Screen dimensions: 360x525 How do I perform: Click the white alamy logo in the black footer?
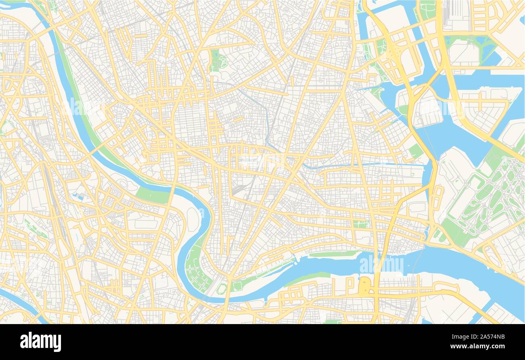pos(40,341)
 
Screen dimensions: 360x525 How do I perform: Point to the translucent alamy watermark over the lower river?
pos(381,265)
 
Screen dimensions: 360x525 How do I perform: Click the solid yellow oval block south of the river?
pos(364,286)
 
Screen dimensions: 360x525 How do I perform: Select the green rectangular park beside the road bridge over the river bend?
pos(153,195)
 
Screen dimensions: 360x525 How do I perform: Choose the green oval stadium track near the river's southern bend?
pos(221,288)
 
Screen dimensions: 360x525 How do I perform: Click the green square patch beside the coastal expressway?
pos(415,151)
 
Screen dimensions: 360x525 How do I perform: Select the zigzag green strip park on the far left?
pos(36,229)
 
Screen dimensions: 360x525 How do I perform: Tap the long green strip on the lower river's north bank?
pos(334,254)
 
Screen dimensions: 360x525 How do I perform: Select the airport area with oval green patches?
pos(485,198)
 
